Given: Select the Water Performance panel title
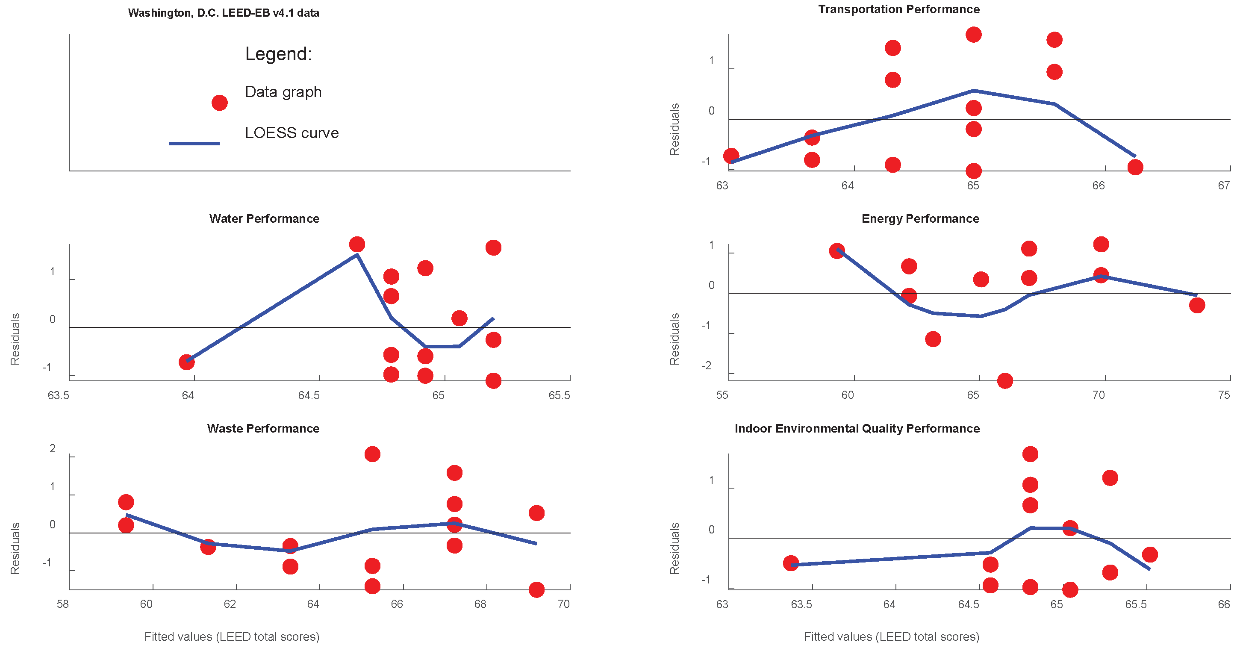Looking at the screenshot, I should click(264, 218).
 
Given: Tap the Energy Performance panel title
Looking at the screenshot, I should click(920, 218).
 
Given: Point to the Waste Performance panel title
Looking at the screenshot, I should click(263, 428).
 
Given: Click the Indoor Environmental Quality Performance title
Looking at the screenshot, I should click(857, 428).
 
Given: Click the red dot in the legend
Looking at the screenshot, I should click(220, 103).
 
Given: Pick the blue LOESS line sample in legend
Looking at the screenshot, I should click(194, 144).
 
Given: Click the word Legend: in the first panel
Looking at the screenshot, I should click(278, 54).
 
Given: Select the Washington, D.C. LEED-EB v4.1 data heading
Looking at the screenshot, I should click(224, 13).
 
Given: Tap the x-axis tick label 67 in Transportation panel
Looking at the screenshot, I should click(1224, 186).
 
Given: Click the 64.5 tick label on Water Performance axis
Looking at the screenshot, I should click(309, 396).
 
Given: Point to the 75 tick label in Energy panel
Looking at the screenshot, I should click(1224, 395).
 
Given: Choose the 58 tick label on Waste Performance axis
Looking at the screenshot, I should click(62, 604).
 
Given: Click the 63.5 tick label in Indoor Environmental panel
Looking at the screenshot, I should click(801, 604).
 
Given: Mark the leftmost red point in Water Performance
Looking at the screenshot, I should click(187, 362).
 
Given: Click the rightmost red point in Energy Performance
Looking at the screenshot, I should click(1197, 305).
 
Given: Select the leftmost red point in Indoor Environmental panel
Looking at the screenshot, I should click(791, 563).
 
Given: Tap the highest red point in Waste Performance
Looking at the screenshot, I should click(372, 454).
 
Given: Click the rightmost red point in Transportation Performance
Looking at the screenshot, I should click(1135, 167).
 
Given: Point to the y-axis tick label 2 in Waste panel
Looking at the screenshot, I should click(53, 449).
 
